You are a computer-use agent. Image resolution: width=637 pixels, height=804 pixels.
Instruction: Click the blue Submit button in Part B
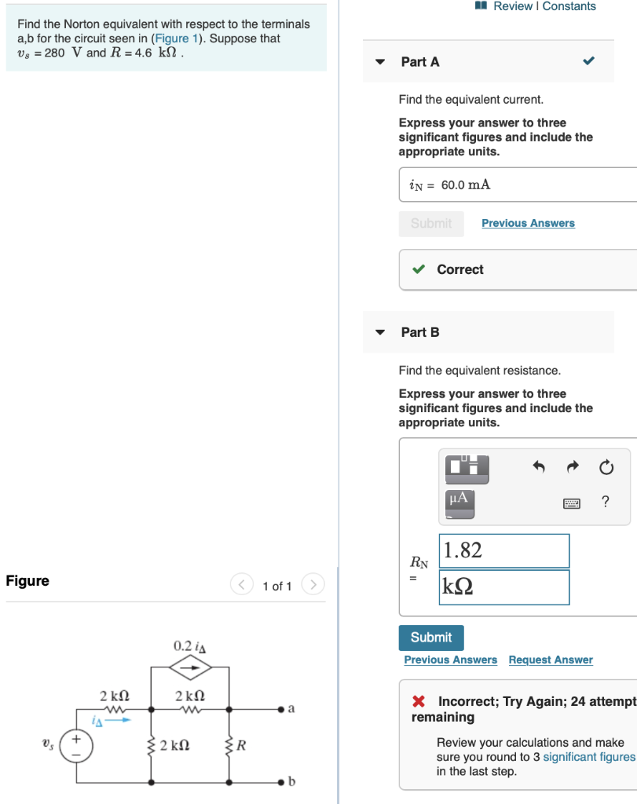click(431, 637)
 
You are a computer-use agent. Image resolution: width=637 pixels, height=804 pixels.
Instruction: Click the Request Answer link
click(550, 660)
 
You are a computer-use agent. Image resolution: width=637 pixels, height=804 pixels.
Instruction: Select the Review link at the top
click(514, 6)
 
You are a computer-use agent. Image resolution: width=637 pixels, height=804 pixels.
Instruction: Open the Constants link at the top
click(569, 6)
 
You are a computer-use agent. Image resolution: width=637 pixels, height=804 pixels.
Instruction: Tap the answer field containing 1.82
click(504, 550)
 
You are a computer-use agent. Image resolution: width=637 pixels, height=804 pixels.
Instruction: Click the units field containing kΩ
click(504, 587)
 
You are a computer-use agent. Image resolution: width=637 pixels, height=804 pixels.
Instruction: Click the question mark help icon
click(605, 502)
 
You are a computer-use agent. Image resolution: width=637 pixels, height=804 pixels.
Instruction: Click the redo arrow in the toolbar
click(572, 468)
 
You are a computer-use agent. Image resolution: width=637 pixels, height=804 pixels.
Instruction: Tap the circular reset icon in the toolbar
click(606, 468)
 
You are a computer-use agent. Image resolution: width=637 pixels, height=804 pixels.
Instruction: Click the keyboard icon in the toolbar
click(571, 503)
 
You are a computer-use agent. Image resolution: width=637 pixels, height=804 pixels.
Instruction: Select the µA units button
click(459, 499)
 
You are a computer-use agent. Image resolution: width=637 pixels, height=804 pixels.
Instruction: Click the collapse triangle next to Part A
click(380, 61)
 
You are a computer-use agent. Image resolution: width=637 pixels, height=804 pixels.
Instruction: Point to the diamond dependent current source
click(190, 667)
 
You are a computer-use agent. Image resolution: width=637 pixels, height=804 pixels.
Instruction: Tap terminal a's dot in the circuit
click(280, 709)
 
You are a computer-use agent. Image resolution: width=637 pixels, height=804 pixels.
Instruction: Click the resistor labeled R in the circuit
click(229, 745)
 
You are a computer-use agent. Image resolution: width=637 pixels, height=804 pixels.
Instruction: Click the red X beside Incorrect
click(419, 701)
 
